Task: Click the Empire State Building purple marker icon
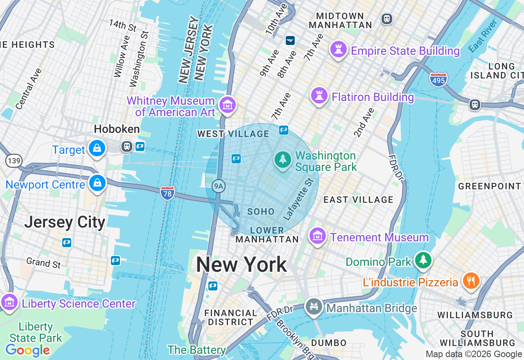click(x=339, y=50)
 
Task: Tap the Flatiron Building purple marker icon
click(x=319, y=96)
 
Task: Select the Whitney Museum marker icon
click(x=227, y=105)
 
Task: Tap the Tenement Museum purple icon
click(x=317, y=236)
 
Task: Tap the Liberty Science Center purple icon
click(x=9, y=303)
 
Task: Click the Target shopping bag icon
click(x=97, y=148)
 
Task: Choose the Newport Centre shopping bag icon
click(x=97, y=183)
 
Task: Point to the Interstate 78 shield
click(x=167, y=193)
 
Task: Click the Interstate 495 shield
click(x=438, y=79)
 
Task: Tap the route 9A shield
click(x=219, y=187)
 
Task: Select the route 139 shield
click(x=14, y=160)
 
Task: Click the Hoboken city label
click(x=117, y=129)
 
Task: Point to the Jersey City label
click(x=65, y=223)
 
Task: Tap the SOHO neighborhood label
click(x=261, y=211)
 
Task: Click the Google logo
click(x=27, y=351)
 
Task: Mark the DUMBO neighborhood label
click(x=329, y=343)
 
